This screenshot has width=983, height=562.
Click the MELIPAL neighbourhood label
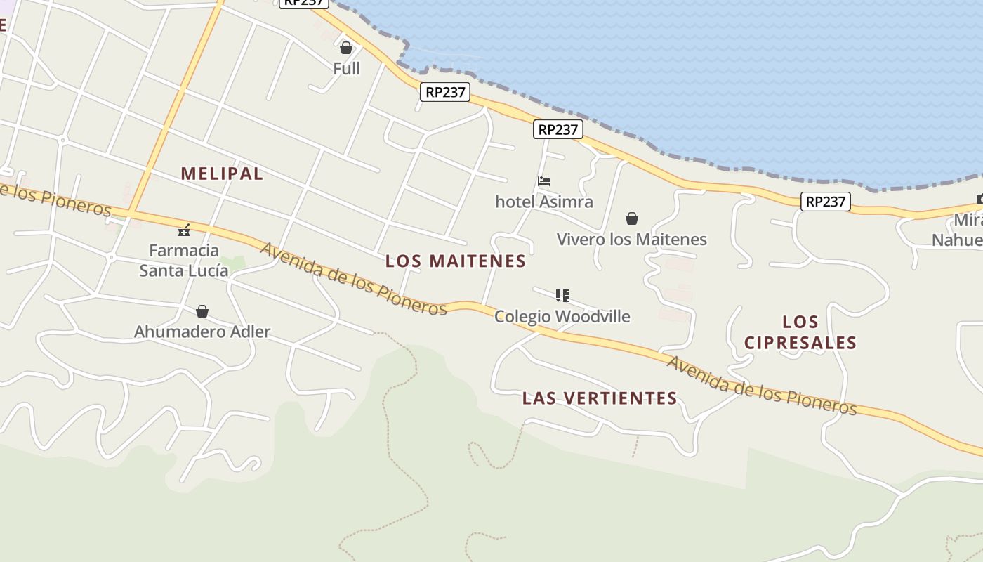pos(222,174)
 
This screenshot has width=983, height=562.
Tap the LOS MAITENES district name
pos(456,261)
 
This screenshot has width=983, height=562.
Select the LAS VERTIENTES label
pos(600,398)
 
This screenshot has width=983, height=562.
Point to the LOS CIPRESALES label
pos(800,332)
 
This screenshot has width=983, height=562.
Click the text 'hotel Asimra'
pos(544,202)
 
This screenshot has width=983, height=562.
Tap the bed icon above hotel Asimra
pos(544,181)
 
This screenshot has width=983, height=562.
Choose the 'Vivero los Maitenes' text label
pos(632,240)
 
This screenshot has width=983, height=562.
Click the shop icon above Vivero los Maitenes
pos(632,218)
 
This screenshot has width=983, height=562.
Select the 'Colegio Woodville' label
pos(562,317)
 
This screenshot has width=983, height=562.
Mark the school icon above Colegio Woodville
pos(562,296)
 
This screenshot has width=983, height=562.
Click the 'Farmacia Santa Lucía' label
pos(184,260)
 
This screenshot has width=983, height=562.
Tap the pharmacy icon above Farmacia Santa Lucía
pos(184,230)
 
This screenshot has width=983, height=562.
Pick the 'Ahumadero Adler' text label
pos(202,332)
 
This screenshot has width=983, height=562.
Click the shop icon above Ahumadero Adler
pos(202,311)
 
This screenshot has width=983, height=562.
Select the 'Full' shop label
pos(346,69)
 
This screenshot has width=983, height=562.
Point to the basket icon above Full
pos(345,48)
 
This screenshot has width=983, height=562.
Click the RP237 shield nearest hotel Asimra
pos(558,129)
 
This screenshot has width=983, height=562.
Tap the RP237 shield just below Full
pos(446,92)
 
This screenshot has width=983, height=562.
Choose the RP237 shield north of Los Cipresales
pos(826,202)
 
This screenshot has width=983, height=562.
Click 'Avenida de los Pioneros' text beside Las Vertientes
pos(761,386)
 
